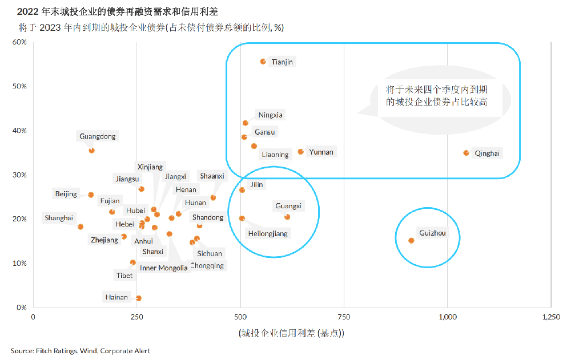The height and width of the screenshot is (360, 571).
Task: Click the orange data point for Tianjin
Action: [x=263, y=61]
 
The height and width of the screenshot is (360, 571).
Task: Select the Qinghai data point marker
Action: [x=466, y=153]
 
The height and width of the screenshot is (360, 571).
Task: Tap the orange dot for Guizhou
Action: [x=411, y=240]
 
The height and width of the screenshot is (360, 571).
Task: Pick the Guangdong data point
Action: [x=91, y=151]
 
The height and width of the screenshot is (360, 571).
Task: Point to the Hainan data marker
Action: [x=138, y=298]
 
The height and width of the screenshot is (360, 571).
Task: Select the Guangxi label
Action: [x=288, y=206]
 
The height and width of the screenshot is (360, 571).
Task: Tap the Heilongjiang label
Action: [x=268, y=233]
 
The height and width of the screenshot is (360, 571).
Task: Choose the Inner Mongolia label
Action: [x=164, y=268]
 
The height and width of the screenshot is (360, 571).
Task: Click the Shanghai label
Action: [x=59, y=218]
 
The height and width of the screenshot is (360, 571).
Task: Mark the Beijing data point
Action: [x=91, y=195]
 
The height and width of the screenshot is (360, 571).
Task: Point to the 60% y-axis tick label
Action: [x=20, y=42]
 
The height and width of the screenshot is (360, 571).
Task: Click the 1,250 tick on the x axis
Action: [x=551, y=317]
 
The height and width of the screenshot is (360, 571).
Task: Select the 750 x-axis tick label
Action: [x=344, y=317]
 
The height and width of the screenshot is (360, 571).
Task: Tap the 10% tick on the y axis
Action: [x=20, y=263]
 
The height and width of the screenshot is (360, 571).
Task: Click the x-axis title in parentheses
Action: [x=291, y=333]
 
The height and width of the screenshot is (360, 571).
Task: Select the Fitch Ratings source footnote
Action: [x=80, y=351]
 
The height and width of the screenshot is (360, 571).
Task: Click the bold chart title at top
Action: [x=118, y=11]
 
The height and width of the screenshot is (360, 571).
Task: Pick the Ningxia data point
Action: [x=246, y=123]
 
